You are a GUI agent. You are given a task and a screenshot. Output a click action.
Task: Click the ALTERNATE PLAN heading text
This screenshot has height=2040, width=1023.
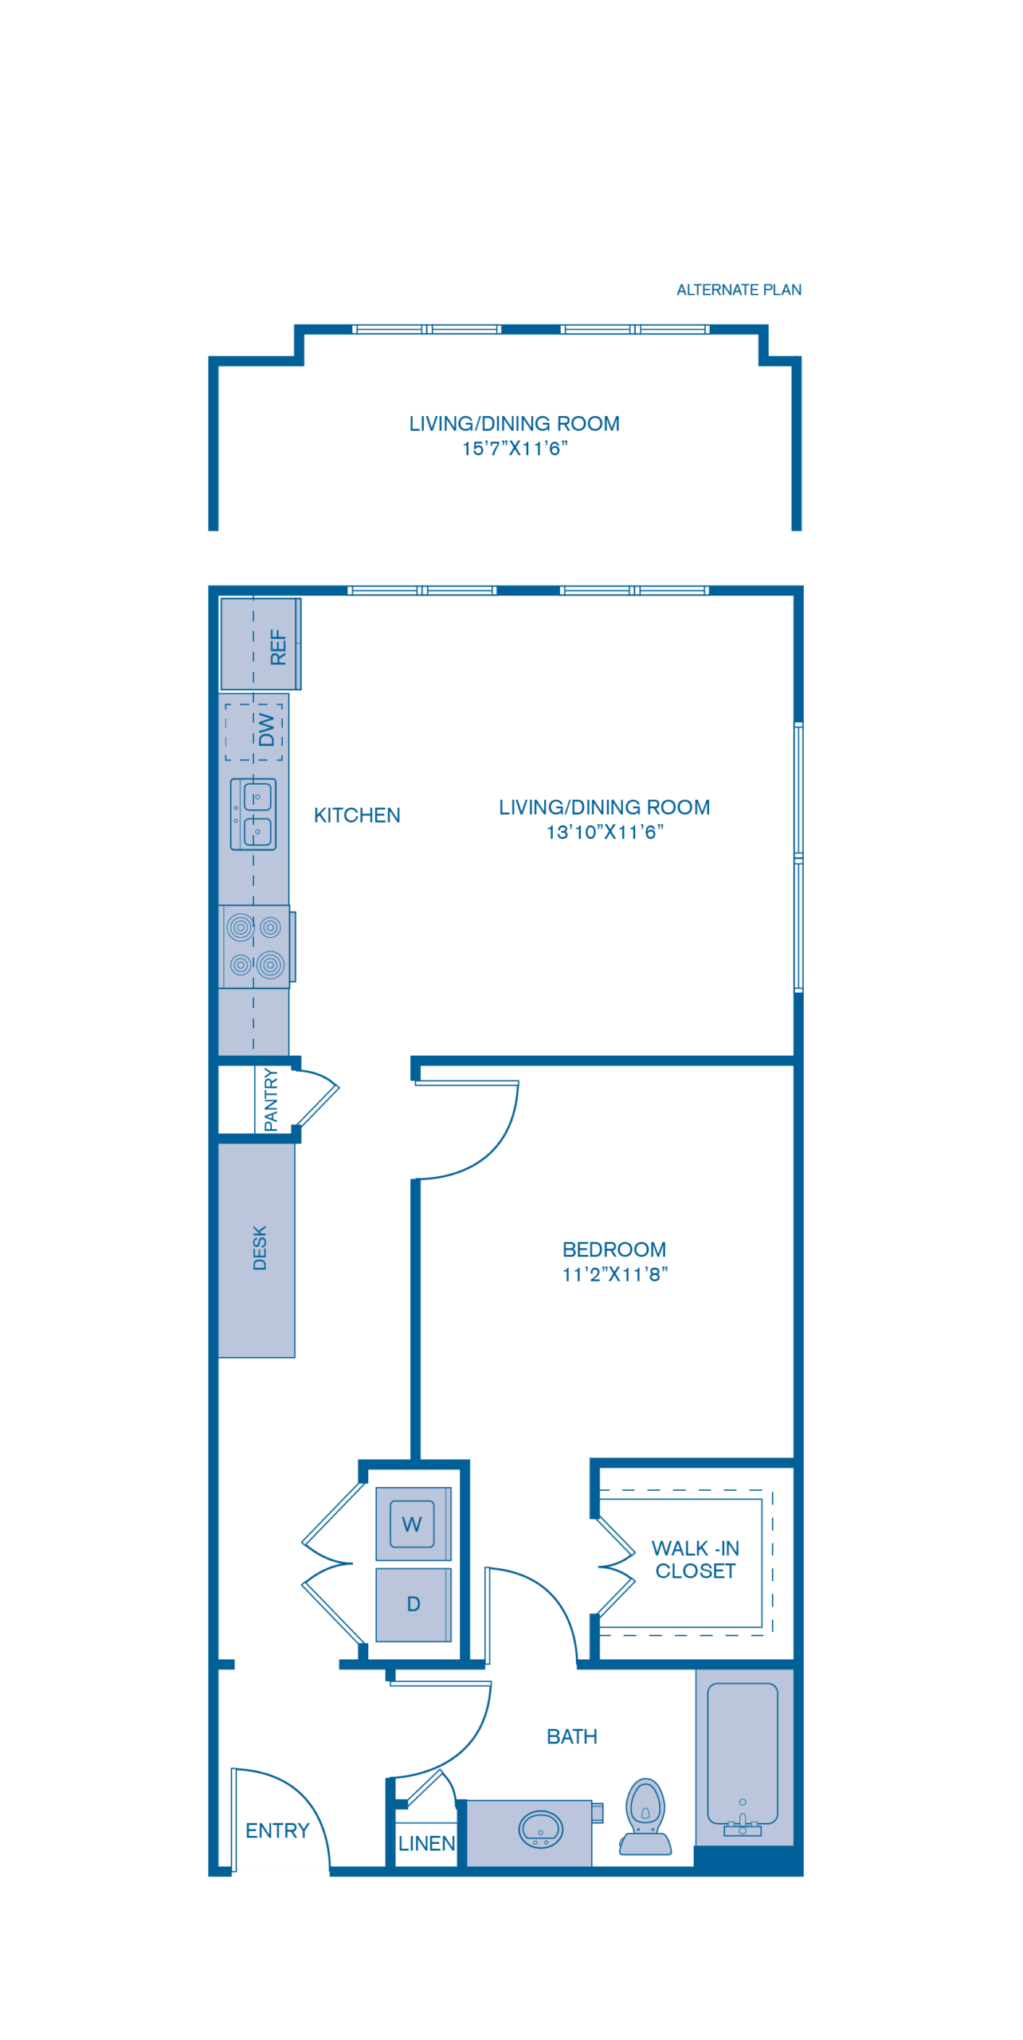[x=739, y=290]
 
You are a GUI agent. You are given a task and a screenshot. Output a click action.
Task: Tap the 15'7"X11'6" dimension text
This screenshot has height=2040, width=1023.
[x=515, y=449]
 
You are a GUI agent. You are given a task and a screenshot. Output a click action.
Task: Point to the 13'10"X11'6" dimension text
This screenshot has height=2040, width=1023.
[x=605, y=833]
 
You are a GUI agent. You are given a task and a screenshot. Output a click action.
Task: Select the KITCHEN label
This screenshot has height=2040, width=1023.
[x=357, y=815]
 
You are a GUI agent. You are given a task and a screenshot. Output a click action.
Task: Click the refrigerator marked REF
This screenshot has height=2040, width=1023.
[x=261, y=645]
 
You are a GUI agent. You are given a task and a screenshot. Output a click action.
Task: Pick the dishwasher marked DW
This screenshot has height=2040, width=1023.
[x=255, y=732]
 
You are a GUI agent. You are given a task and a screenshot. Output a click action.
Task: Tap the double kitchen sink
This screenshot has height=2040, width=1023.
[x=253, y=814]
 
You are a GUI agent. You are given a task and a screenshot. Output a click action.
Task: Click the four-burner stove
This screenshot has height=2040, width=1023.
[x=255, y=947]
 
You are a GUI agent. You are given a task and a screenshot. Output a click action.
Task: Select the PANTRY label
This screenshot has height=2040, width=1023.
[x=271, y=1100]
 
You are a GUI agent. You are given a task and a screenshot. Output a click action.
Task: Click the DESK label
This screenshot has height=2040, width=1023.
[x=260, y=1248]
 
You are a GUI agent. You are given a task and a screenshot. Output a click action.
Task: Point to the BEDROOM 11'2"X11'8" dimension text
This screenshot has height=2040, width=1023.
[x=614, y=1274]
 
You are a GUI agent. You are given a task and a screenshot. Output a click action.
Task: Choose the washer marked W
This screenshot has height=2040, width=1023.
[x=412, y=1524]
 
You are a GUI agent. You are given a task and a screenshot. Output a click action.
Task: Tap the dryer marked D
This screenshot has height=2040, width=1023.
[x=413, y=1604]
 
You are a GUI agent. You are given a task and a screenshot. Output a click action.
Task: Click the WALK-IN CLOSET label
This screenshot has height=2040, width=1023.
[x=695, y=1559]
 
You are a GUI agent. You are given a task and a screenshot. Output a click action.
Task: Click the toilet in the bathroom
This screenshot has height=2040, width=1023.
[x=645, y=1818]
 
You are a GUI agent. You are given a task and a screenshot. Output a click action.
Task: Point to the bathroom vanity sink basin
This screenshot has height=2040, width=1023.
[x=540, y=1830]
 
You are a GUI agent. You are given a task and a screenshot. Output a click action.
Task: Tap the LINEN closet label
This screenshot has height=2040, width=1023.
[x=427, y=1843]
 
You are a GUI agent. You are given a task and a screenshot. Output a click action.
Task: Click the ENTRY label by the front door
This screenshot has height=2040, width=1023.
[x=277, y=1830]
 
